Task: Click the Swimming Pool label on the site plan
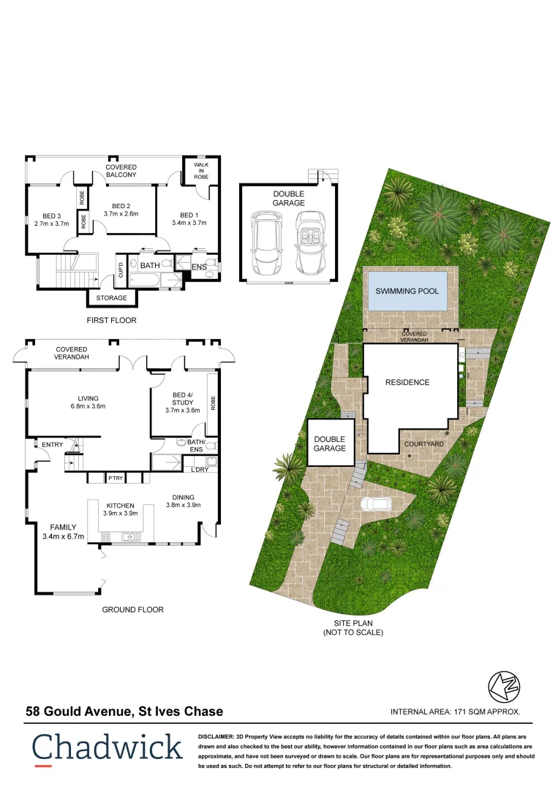[x=407, y=291]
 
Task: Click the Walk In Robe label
[x=200, y=171]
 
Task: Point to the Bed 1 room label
[x=189, y=214]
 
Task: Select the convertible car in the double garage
[x=309, y=240]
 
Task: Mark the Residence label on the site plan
[x=407, y=382]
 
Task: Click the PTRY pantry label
[x=115, y=479]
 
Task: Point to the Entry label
[x=53, y=445]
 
